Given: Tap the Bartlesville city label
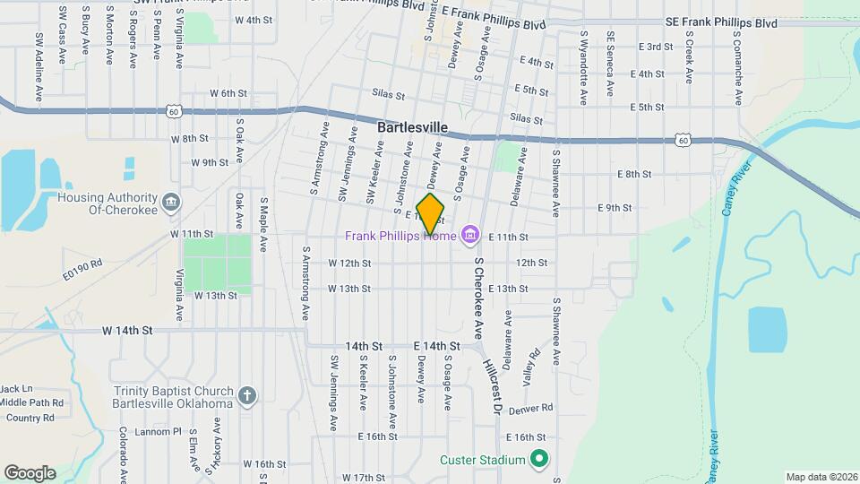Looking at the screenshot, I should point(412,128).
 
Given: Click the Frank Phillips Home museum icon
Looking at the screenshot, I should point(468,237).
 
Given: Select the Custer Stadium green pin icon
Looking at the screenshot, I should point(538,461).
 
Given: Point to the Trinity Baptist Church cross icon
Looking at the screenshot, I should point(247,395).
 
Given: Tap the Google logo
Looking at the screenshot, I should point(30,472).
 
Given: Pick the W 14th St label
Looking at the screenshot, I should point(127,330).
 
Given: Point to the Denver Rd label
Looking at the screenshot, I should point(531,409).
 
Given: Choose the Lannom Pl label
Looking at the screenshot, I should point(159,432).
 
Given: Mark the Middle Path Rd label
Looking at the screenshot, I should point(32,402).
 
